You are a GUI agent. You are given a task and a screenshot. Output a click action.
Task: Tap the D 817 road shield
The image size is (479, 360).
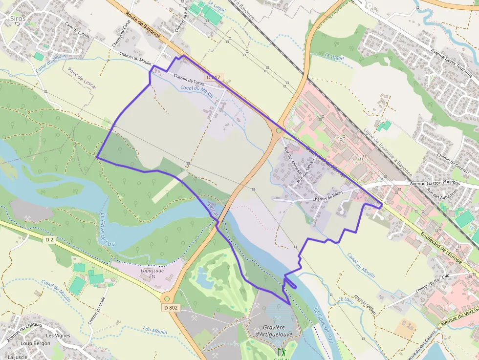(214, 78)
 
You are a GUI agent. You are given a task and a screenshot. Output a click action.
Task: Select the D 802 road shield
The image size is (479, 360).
(171, 307)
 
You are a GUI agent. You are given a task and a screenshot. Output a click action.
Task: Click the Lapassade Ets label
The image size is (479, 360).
(152, 273)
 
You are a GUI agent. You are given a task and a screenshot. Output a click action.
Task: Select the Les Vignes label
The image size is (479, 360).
(58, 336)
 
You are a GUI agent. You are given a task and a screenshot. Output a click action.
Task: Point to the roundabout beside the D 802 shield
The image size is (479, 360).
(167, 298)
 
